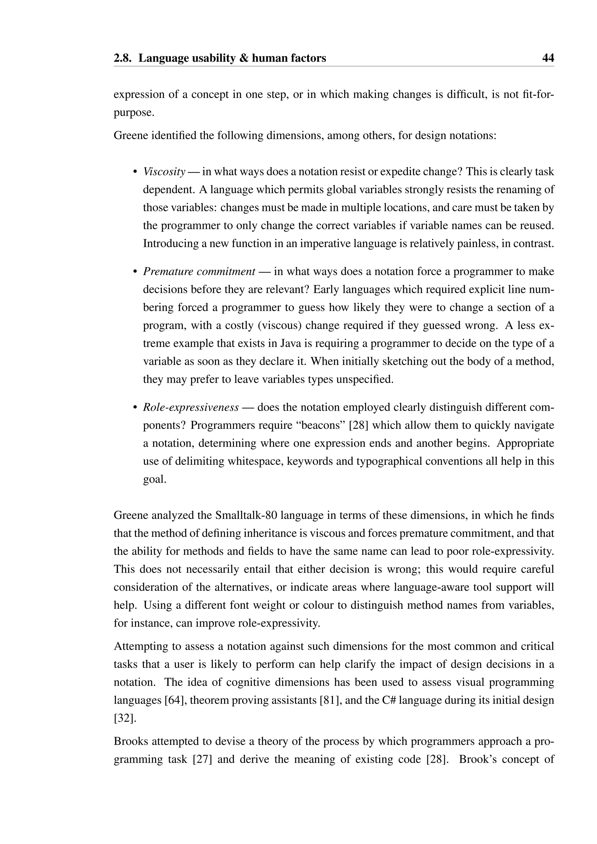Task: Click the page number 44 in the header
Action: (548, 58)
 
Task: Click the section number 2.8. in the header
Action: (123, 58)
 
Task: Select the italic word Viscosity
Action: (164, 172)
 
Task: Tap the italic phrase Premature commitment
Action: (199, 272)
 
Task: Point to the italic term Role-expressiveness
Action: (191, 407)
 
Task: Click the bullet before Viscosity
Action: (135, 172)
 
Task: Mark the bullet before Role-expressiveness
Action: (135, 408)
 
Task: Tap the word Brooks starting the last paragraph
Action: (131, 741)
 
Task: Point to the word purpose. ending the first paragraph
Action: (134, 112)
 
